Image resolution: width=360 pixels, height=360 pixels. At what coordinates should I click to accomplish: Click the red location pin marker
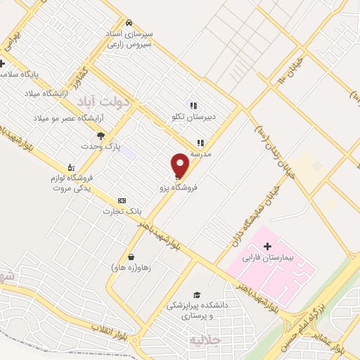pos(181,165)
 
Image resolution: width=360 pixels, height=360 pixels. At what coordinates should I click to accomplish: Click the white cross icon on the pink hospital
pos(266,246)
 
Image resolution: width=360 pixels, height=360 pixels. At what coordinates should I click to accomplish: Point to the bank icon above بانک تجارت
pos(122,200)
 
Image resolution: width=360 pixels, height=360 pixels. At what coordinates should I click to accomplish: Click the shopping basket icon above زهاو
pos(131,257)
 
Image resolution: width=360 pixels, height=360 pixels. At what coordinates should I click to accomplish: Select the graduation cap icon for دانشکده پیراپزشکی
pos(197,295)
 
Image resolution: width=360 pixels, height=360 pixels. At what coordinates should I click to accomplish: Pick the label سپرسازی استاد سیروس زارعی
pos(129,39)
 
